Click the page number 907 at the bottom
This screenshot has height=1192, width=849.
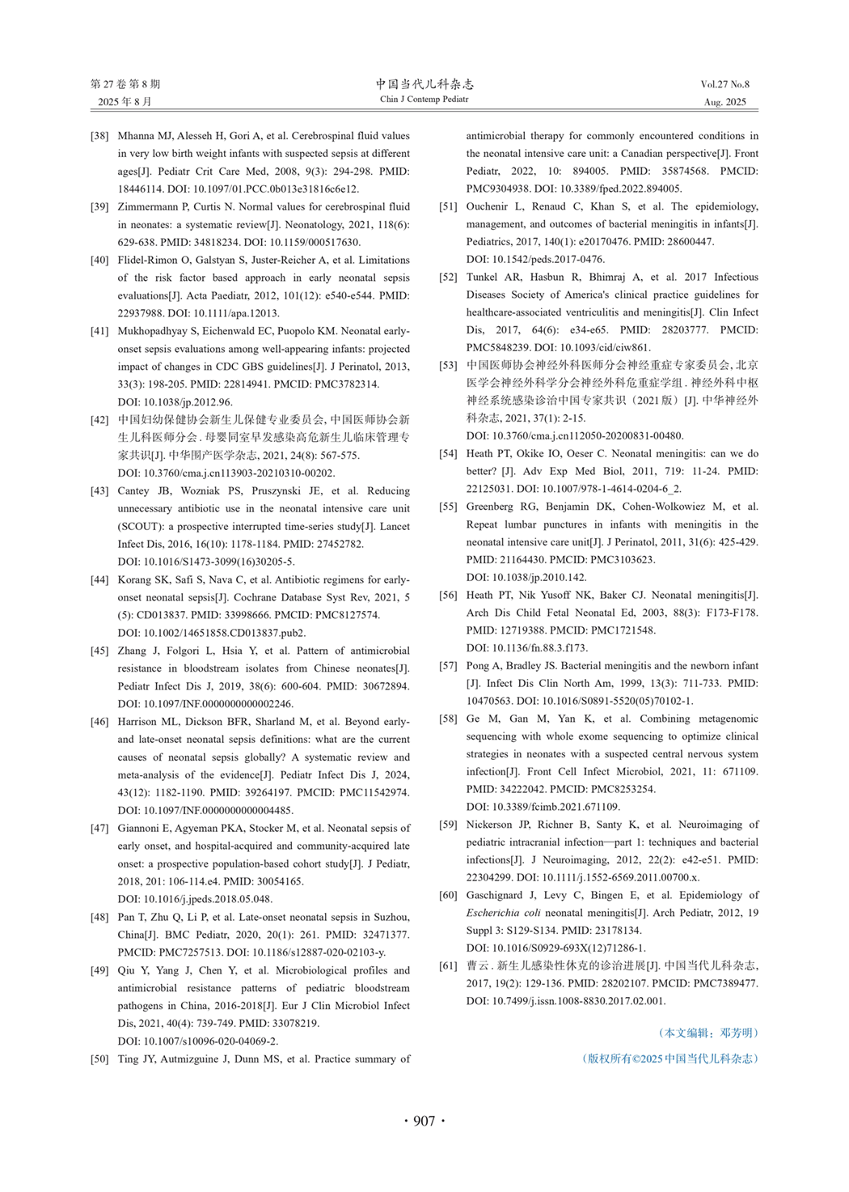click(424, 1121)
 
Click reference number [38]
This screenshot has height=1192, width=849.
click(99, 136)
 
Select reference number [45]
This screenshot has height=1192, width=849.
click(99, 651)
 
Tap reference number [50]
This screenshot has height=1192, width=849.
click(99, 1058)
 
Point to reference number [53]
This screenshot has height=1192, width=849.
click(448, 365)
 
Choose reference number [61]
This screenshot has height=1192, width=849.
click(448, 965)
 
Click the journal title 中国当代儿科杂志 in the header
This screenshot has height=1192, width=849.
click(424, 84)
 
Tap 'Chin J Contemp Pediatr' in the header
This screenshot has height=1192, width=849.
click(424, 100)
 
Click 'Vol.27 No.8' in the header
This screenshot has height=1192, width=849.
click(724, 84)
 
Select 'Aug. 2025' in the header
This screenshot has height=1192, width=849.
click(724, 102)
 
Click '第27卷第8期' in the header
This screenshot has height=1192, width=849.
click(125, 84)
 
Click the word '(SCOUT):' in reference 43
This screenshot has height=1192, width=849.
click(141, 526)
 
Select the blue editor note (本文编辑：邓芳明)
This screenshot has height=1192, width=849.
click(709, 1033)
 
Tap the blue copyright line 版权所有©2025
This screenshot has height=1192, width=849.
click(670, 1058)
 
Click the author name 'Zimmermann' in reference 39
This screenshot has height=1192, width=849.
click(153, 206)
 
